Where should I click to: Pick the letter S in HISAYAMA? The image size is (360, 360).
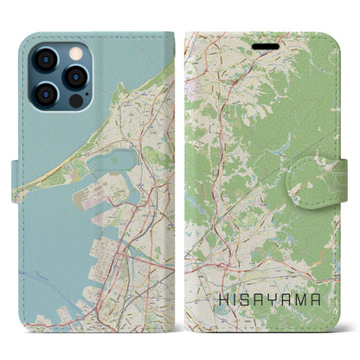(x=246, y=298)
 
